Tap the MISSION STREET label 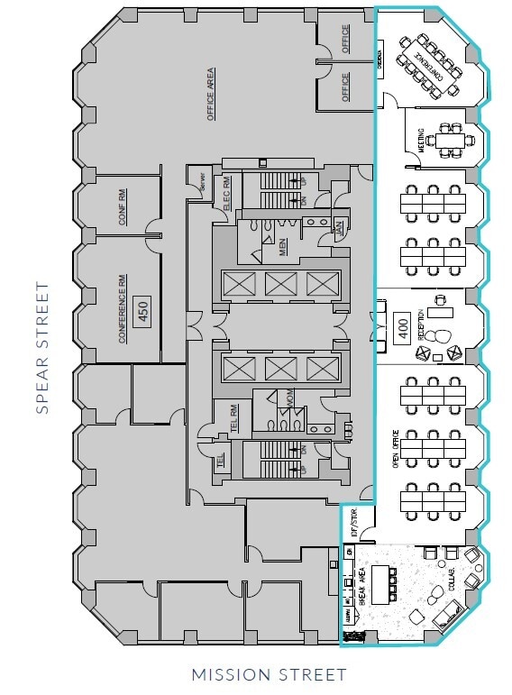(269, 674)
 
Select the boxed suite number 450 (142, 312)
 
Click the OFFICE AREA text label (210, 94)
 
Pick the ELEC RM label (227, 193)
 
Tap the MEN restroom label (282, 246)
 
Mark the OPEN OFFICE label (394, 451)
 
